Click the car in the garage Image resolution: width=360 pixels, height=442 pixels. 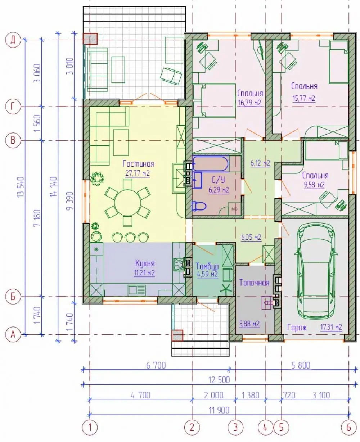[x=316, y=271]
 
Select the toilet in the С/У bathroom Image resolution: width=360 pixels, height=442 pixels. [x=199, y=206]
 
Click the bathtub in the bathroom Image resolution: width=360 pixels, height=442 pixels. [x=210, y=164]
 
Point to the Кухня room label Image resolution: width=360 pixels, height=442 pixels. [x=145, y=263]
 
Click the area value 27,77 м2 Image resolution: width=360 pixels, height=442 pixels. [x=138, y=173]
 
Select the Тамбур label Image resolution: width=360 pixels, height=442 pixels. [x=207, y=266]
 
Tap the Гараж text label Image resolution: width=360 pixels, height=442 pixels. [x=297, y=328]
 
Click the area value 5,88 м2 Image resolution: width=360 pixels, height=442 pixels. [x=249, y=324]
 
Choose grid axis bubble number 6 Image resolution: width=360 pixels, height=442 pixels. [x=348, y=427]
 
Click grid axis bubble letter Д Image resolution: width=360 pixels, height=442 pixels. [x=13, y=40]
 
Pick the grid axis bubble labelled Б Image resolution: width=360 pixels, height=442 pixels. [x=13, y=297]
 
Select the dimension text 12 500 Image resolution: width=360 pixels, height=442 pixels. [x=219, y=380]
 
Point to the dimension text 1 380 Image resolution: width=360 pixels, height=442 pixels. [x=251, y=395]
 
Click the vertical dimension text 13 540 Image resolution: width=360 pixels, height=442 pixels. [x=21, y=187]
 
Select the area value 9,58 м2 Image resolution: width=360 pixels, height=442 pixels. [x=314, y=185]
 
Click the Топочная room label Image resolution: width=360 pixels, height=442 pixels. [x=254, y=283]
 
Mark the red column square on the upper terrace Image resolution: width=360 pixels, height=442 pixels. [x=90, y=39]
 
